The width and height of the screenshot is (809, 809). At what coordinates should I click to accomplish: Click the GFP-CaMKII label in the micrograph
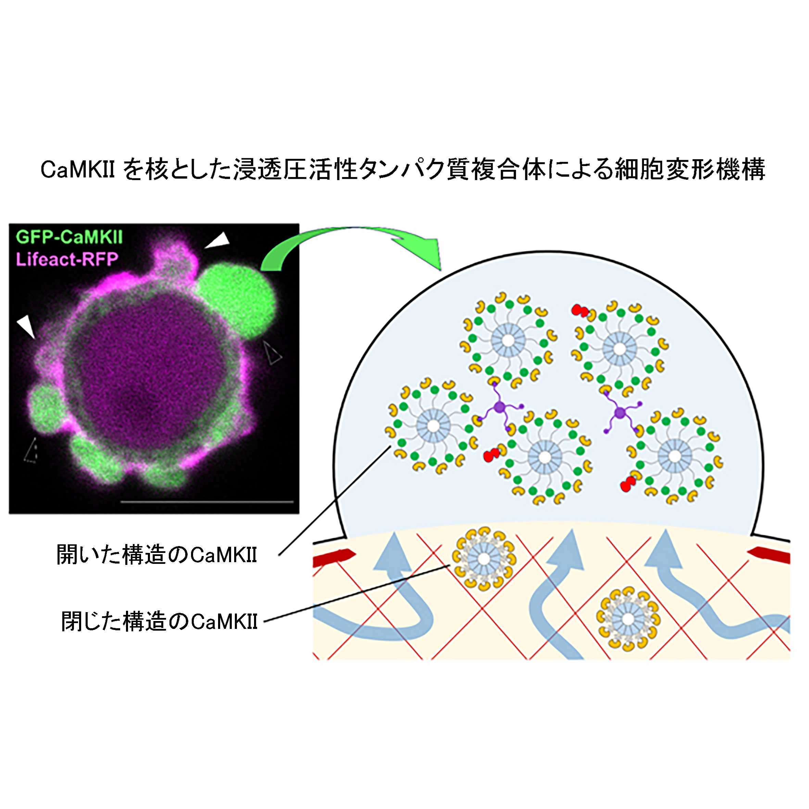(69, 237)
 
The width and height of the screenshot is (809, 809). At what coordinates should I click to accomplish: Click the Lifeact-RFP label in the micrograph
(67, 260)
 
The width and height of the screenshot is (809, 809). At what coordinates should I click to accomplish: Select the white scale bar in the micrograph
(207, 501)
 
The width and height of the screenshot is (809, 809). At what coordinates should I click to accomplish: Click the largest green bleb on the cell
(237, 300)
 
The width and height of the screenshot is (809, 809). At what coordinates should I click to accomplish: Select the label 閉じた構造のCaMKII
(159, 621)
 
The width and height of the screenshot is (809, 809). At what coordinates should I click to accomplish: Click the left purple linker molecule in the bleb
(498, 406)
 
